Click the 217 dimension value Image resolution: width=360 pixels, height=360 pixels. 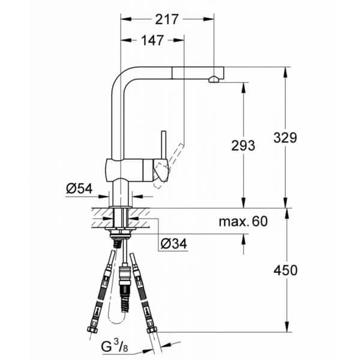pyautogui.click(x=167, y=19)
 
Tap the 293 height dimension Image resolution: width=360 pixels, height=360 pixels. pyautogui.click(x=242, y=145)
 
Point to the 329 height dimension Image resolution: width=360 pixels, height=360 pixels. pyautogui.click(x=284, y=137)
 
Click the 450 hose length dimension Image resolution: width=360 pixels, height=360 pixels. pyautogui.click(x=284, y=270)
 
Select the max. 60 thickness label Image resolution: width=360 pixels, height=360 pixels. pyautogui.click(x=242, y=222)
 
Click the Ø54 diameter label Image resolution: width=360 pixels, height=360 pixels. pyautogui.click(x=79, y=188)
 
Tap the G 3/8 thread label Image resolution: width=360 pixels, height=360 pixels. pyautogui.click(x=112, y=346)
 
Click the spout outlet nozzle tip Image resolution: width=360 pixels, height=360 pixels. pyautogui.click(x=214, y=79)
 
